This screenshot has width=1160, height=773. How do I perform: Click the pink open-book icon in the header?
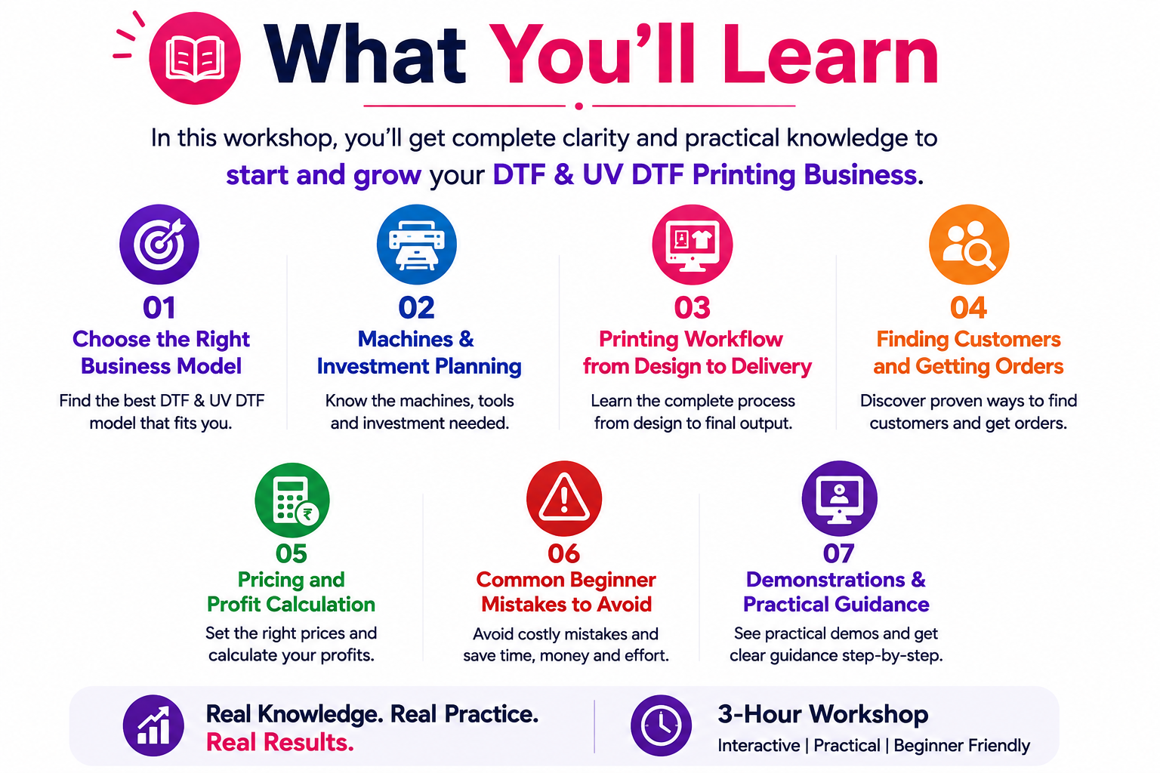[x=195, y=58]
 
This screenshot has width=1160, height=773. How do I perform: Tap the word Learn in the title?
[x=830, y=55]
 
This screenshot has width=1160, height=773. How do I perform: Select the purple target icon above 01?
[x=159, y=244]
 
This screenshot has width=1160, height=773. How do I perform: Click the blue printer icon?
[x=417, y=244]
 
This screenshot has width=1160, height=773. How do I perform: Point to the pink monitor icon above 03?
[x=693, y=244]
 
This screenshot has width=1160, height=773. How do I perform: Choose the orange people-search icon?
[x=969, y=244]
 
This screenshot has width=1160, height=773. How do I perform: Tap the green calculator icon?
[x=292, y=500]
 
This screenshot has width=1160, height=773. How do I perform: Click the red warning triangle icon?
[x=564, y=498]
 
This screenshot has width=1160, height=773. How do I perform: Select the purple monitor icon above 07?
[x=840, y=498]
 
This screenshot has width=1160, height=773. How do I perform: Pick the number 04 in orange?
[x=968, y=307]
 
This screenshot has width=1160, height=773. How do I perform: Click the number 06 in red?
[x=564, y=553]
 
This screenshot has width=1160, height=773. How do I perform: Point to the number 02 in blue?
[x=416, y=307]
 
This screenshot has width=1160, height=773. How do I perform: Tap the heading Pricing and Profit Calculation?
[x=291, y=592]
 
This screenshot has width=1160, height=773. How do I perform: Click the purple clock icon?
[x=661, y=725]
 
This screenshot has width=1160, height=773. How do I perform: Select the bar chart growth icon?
[x=153, y=725]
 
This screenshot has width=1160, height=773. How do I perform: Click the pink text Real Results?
[x=279, y=742]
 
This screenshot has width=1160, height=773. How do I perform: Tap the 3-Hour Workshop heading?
[x=823, y=714]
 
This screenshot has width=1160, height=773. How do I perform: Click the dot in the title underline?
[x=579, y=106]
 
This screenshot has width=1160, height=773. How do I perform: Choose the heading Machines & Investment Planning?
[x=418, y=353]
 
